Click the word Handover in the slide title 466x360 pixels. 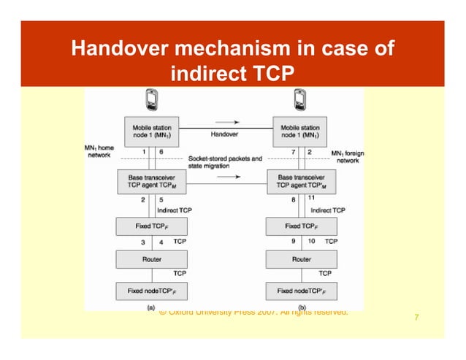(x=118, y=50)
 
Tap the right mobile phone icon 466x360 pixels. (x=299, y=99)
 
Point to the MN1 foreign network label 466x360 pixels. (x=348, y=156)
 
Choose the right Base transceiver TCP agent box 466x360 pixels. (x=300, y=181)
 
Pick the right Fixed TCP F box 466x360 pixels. (x=300, y=226)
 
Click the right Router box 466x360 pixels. (x=300, y=258)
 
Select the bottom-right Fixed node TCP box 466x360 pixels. (x=300, y=291)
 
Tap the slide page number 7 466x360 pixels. (x=416, y=318)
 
